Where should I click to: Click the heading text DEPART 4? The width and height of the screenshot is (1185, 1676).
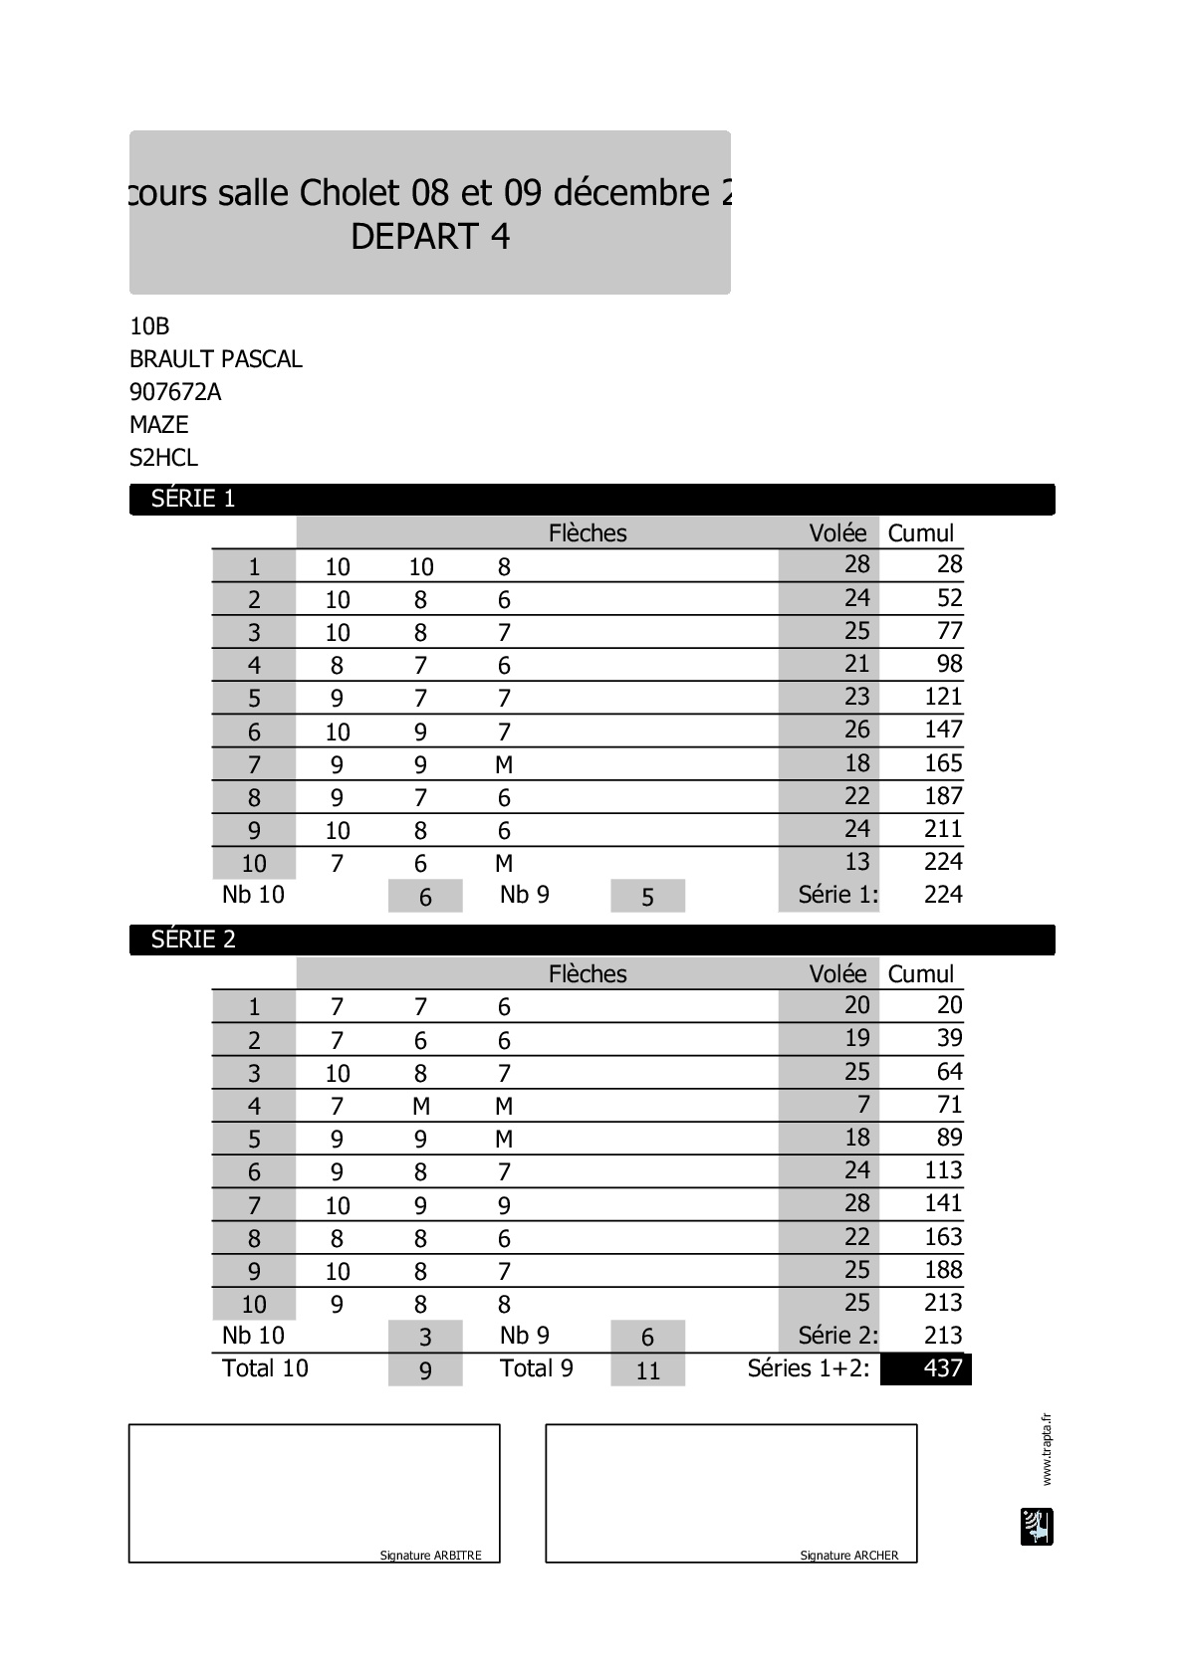click(430, 237)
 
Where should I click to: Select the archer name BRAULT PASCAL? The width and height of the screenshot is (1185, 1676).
click(216, 359)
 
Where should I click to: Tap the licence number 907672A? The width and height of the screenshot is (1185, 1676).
click(175, 392)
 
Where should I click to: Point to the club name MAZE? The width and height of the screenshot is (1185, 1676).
click(159, 425)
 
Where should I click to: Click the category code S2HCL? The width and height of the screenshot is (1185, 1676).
click(164, 458)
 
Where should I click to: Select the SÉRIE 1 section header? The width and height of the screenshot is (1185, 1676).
click(193, 499)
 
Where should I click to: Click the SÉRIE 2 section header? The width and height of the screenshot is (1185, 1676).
click(193, 940)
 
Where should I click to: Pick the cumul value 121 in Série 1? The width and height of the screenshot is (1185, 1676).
click(943, 697)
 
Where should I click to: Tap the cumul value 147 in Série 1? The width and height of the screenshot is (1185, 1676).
click(943, 730)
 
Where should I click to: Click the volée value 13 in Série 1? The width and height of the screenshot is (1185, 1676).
click(856, 862)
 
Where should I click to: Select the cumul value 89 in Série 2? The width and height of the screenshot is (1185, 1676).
click(949, 1138)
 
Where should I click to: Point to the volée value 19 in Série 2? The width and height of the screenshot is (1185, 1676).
click(856, 1038)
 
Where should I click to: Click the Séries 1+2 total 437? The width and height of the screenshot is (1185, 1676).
click(942, 1368)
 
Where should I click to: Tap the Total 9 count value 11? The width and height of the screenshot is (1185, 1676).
click(647, 1370)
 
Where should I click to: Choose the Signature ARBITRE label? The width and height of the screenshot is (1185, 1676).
click(430, 1556)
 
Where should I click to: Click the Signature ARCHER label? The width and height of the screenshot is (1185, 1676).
click(848, 1556)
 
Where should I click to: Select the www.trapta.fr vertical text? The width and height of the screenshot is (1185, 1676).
click(1046, 1449)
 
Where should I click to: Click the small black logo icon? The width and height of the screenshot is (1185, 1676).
click(1037, 1527)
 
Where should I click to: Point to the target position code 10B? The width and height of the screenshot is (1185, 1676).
click(149, 326)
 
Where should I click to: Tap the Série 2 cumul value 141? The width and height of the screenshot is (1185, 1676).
click(943, 1203)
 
